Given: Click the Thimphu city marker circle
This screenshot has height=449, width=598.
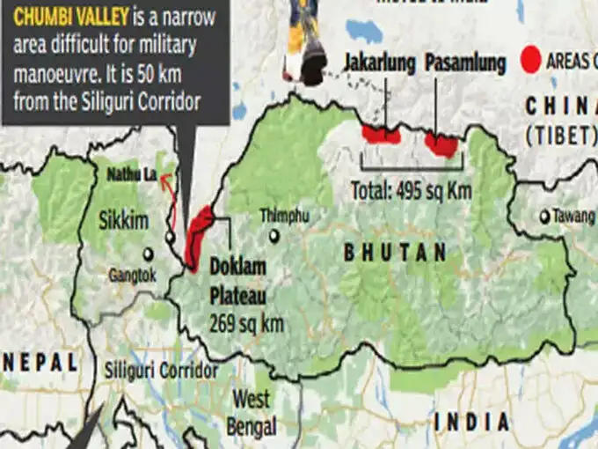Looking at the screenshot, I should pyautogui.click(x=275, y=236).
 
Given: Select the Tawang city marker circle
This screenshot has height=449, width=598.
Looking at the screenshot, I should pyautogui.click(x=544, y=216).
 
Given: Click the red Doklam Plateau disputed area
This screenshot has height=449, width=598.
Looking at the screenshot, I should pyautogui.click(x=200, y=237).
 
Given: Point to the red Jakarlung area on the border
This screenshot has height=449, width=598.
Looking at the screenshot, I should pyautogui.click(x=381, y=135).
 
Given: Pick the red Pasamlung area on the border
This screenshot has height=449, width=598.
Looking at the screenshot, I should pyautogui.click(x=441, y=144).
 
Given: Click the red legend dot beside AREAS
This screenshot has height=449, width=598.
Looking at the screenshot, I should pyautogui.click(x=530, y=59).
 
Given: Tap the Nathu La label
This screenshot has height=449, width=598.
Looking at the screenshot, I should pyautogui.click(x=131, y=175).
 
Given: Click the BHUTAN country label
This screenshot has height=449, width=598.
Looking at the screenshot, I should pyautogui.click(x=395, y=254).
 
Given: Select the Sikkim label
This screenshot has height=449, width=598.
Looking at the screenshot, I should pyautogui.click(x=124, y=221).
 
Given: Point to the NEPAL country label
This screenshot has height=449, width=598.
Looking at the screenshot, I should pyautogui.click(x=39, y=361).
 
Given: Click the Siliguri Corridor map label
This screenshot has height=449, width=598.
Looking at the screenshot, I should pyautogui.click(x=159, y=370).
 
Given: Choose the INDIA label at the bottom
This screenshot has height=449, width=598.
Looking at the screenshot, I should pyautogui.click(x=471, y=422).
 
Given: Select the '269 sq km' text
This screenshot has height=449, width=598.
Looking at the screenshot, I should pyautogui.click(x=247, y=324).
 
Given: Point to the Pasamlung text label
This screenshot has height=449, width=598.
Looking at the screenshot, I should pyautogui.click(x=465, y=63).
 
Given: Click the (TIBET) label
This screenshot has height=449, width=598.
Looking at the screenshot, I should pyautogui.click(x=560, y=136).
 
